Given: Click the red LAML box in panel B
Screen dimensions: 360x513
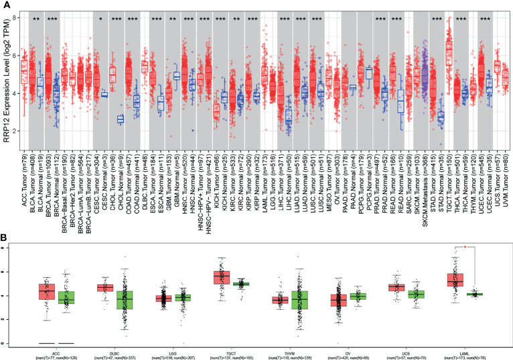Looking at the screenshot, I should click(455, 279).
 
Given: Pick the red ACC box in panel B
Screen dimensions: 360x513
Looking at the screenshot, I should click(46, 291).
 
